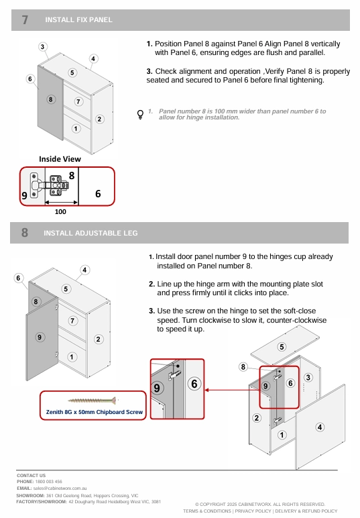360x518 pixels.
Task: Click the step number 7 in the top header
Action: (x=25, y=20)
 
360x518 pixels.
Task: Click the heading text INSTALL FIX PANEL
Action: (x=78, y=20)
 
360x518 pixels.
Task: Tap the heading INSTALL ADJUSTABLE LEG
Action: (x=91, y=233)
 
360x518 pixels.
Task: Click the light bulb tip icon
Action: (x=140, y=114)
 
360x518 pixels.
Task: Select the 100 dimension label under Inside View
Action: (x=60, y=212)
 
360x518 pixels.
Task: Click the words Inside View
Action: (x=60, y=159)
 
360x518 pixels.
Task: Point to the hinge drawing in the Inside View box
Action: (x=50, y=186)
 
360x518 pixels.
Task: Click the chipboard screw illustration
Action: (x=92, y=401)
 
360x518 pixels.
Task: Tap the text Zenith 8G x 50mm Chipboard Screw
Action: (x=95, y=412)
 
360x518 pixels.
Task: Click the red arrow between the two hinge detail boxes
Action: (x=232, y=390)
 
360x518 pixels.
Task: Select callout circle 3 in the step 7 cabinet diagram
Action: (x=42, y=46)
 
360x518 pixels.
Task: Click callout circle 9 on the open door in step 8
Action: (x=40, y=337)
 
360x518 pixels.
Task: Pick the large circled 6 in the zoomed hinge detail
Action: (x=194, y=384)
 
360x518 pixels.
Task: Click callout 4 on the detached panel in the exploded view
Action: (x=319, y=427)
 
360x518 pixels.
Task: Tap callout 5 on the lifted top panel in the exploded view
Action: (x=282, y=347)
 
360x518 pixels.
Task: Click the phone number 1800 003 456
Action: (x=48, y=482)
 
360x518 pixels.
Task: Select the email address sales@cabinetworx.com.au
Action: (x=60, y=488)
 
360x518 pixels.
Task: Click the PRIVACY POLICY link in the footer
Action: (x=253, y=511)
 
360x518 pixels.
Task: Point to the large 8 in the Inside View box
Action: (x=72, y=175)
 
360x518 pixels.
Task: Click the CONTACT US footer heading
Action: (x=31, y=475)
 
